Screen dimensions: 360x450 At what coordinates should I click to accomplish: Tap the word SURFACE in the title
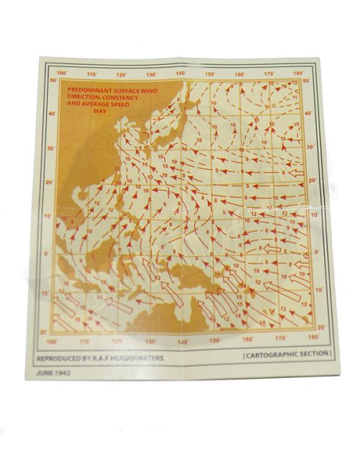125,89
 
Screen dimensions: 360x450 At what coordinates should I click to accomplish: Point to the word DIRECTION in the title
84,97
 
